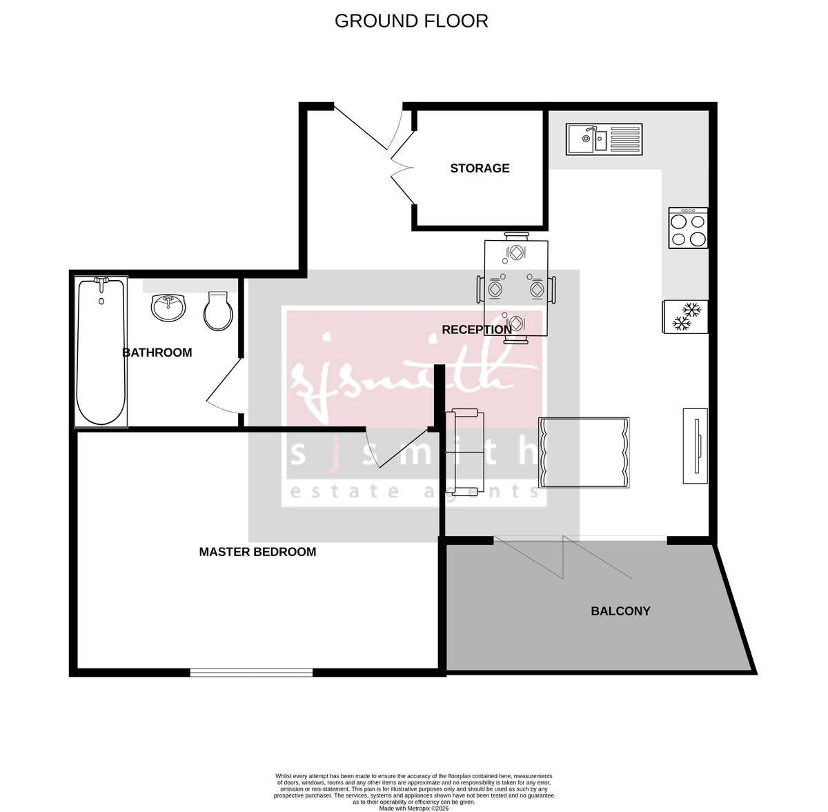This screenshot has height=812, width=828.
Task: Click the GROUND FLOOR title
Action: click(411, 21)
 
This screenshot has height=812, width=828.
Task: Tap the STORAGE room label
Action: click(480, 168)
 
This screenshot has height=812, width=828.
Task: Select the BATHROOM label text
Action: click(157, 353)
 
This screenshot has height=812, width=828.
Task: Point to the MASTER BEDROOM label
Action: click(257, 552)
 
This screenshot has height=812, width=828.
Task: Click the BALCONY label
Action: click(620, 611)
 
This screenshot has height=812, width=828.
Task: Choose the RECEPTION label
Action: click(476, 330)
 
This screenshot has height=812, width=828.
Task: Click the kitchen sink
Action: click(604, 139)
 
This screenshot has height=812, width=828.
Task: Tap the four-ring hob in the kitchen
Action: click(688, 228)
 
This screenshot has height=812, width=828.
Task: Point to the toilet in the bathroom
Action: click(218, 311)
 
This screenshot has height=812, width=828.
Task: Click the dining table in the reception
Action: click(516, 288)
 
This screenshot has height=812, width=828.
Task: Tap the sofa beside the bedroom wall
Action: click(465, 451)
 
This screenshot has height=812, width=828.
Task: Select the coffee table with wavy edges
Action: click(583, 453)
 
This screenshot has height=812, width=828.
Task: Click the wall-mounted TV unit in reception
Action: click(696, 446)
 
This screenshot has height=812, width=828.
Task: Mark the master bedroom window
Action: click(251, 671)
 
